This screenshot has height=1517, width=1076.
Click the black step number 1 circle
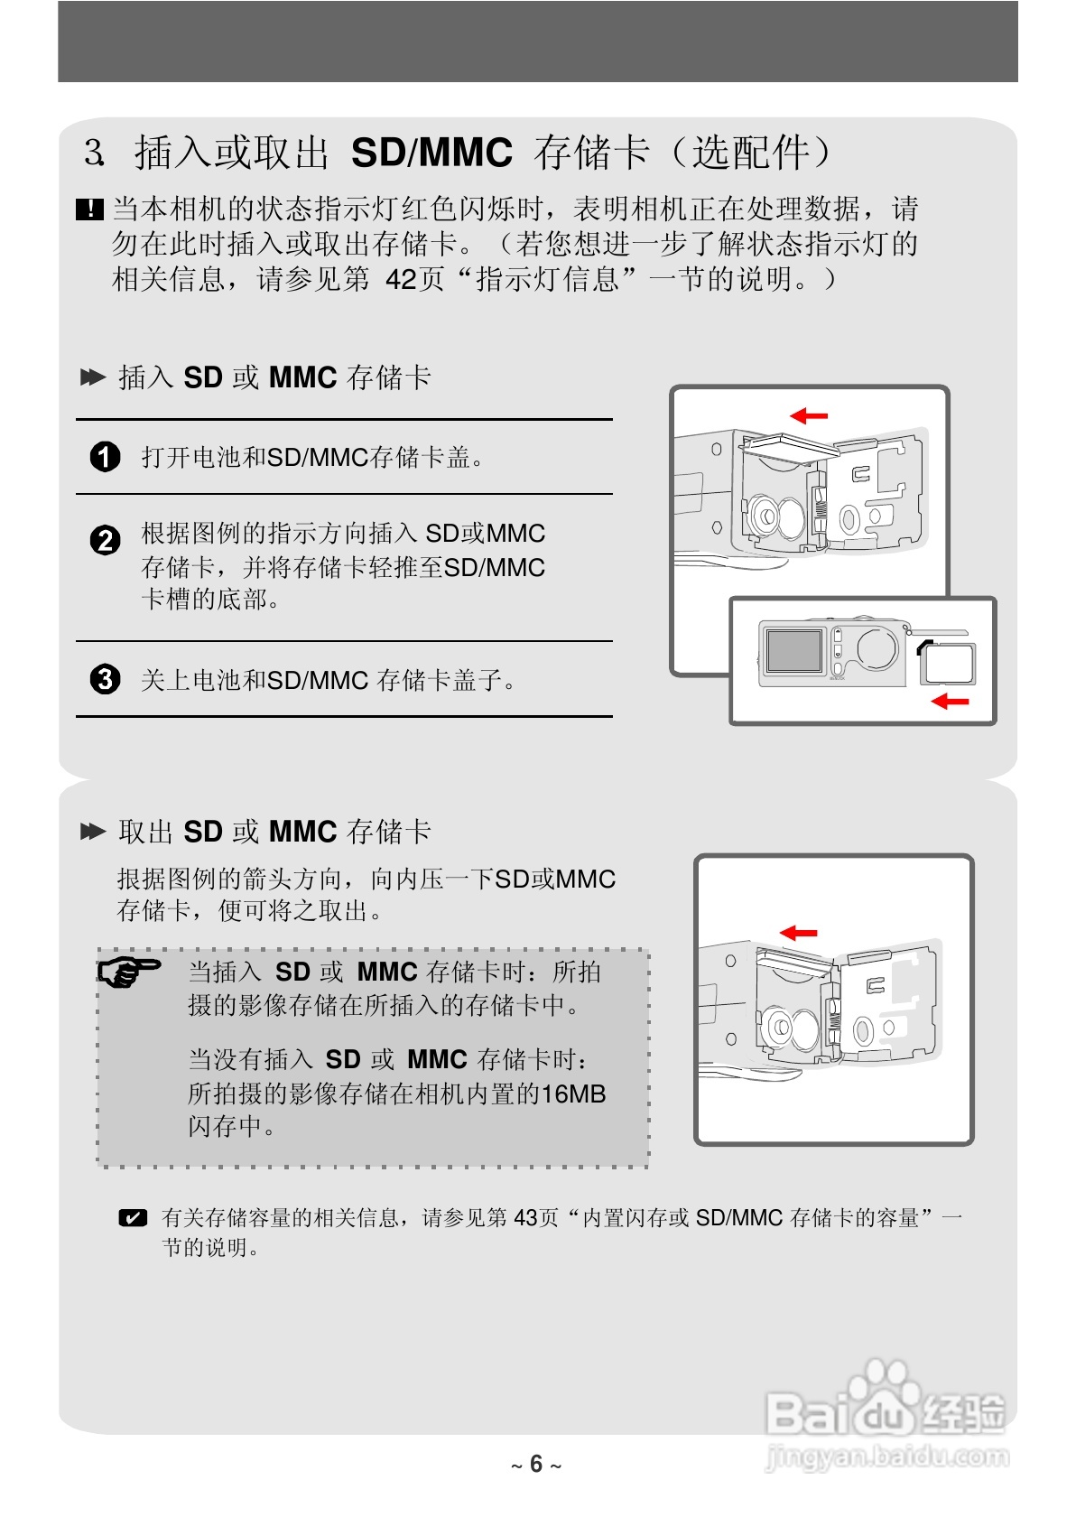[x=106, y=457]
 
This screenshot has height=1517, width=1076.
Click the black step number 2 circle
[x=106, y=540]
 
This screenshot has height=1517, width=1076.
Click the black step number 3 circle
[x=106, y=678]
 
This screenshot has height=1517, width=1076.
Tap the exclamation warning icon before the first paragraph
[x=90, y=209]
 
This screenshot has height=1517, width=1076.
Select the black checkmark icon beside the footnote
[x=133, y=1217]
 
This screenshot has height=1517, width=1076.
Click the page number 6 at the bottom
[x=536, y=1463]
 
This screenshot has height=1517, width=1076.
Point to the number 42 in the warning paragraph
[x=401, y=279]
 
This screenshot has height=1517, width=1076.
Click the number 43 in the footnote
[x=525, y=1217]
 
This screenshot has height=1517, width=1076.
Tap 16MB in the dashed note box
[x=573, y=1094]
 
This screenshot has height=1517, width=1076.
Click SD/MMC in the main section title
[x=431, y=153]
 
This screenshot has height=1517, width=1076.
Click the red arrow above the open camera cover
[x=809, y=415]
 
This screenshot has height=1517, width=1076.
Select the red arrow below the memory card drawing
[x=950, y=700]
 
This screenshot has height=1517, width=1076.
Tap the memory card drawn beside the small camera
[x=948, y=665]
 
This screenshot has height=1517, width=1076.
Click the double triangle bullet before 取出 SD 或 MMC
[x=93, y=832]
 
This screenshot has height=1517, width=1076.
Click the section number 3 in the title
[x=93, y=153]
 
